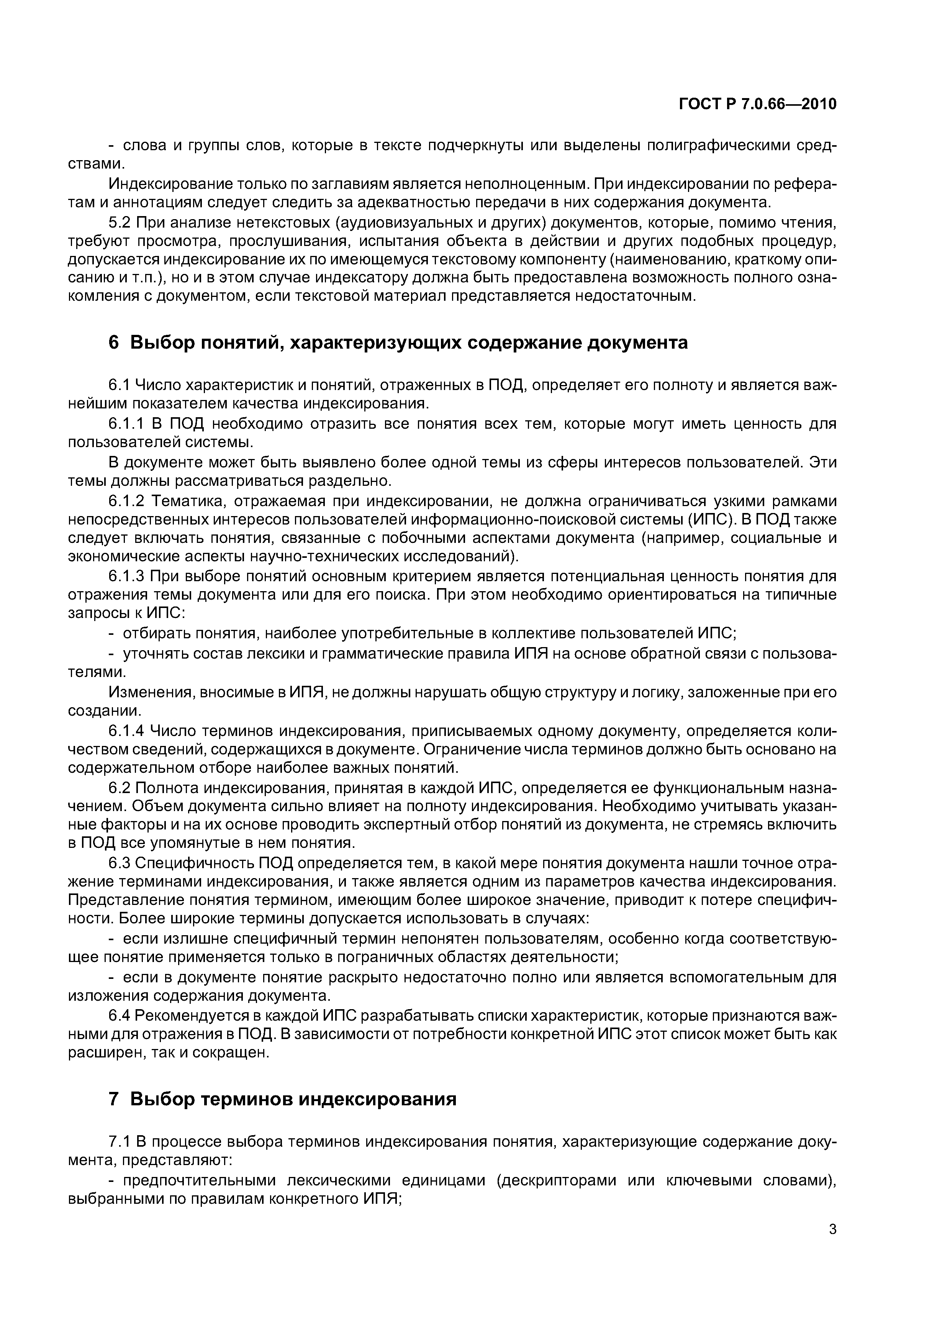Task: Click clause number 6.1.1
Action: point(128,423)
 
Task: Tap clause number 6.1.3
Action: point(128,577)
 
